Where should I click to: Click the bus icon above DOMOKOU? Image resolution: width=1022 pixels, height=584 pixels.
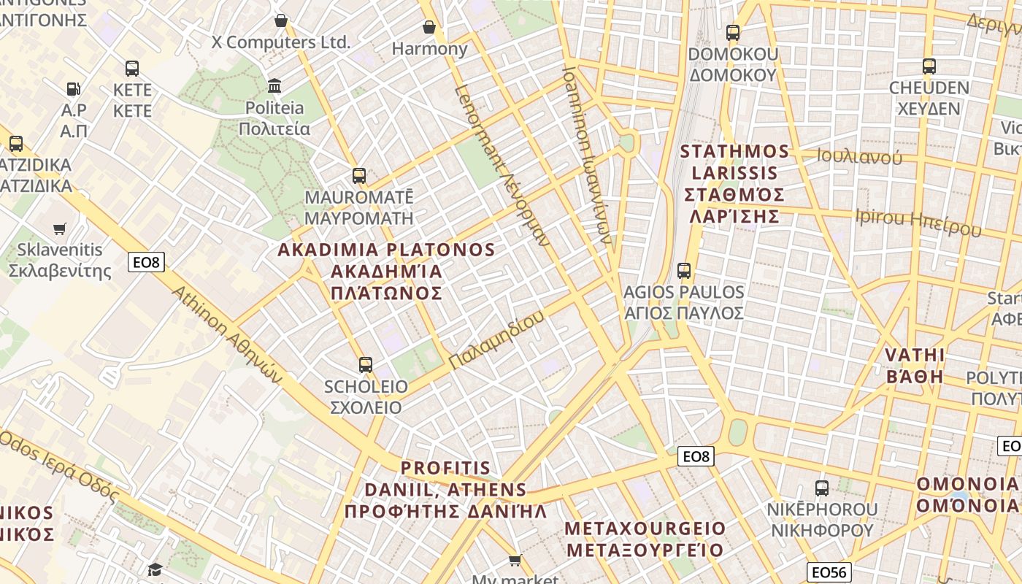733,33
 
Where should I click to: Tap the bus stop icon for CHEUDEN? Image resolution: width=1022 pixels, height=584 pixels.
929,66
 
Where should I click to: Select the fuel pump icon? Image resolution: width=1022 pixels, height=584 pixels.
73,89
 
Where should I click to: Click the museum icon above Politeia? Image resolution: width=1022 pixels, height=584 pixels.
274,86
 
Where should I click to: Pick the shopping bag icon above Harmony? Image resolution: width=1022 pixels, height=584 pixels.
429,28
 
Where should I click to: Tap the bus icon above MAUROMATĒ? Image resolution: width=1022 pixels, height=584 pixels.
358,176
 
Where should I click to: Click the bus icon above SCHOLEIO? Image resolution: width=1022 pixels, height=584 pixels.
365,364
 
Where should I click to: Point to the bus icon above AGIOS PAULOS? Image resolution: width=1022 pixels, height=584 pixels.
683,271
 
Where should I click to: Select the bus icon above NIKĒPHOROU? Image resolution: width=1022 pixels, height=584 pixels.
822,488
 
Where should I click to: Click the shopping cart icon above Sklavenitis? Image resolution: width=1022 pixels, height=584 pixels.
60,229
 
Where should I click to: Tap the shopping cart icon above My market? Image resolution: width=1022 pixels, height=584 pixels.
515,561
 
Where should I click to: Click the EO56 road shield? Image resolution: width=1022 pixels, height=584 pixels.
829,572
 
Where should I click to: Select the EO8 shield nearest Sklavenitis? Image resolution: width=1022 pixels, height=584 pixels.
146,262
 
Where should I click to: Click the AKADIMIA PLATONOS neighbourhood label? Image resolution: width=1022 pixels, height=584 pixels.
386,271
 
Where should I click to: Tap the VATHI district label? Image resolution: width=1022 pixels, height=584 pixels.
915,366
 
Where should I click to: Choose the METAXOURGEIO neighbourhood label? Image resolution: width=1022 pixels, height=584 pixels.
645,539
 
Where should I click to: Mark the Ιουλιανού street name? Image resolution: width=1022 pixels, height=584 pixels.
859,157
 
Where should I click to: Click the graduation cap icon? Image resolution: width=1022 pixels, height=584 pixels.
155,569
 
